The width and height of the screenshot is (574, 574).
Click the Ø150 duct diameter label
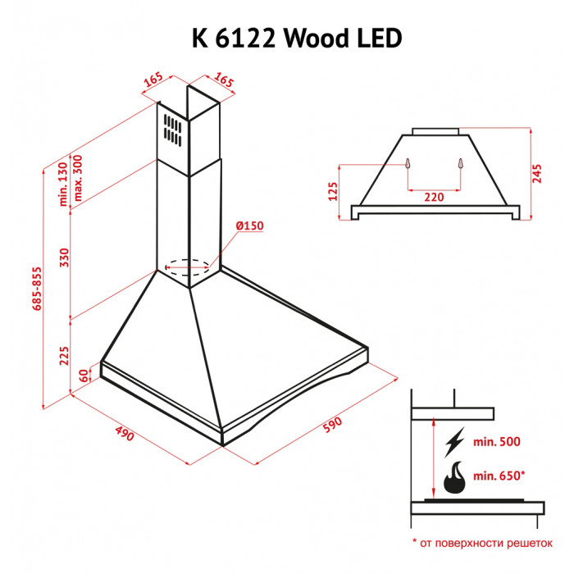(250, 226)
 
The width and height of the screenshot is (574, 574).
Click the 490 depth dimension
(125, 433)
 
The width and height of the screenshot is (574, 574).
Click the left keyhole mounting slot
(407, 163)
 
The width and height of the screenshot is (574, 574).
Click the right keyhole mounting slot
(461, 163)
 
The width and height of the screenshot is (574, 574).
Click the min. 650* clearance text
(500, 474)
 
